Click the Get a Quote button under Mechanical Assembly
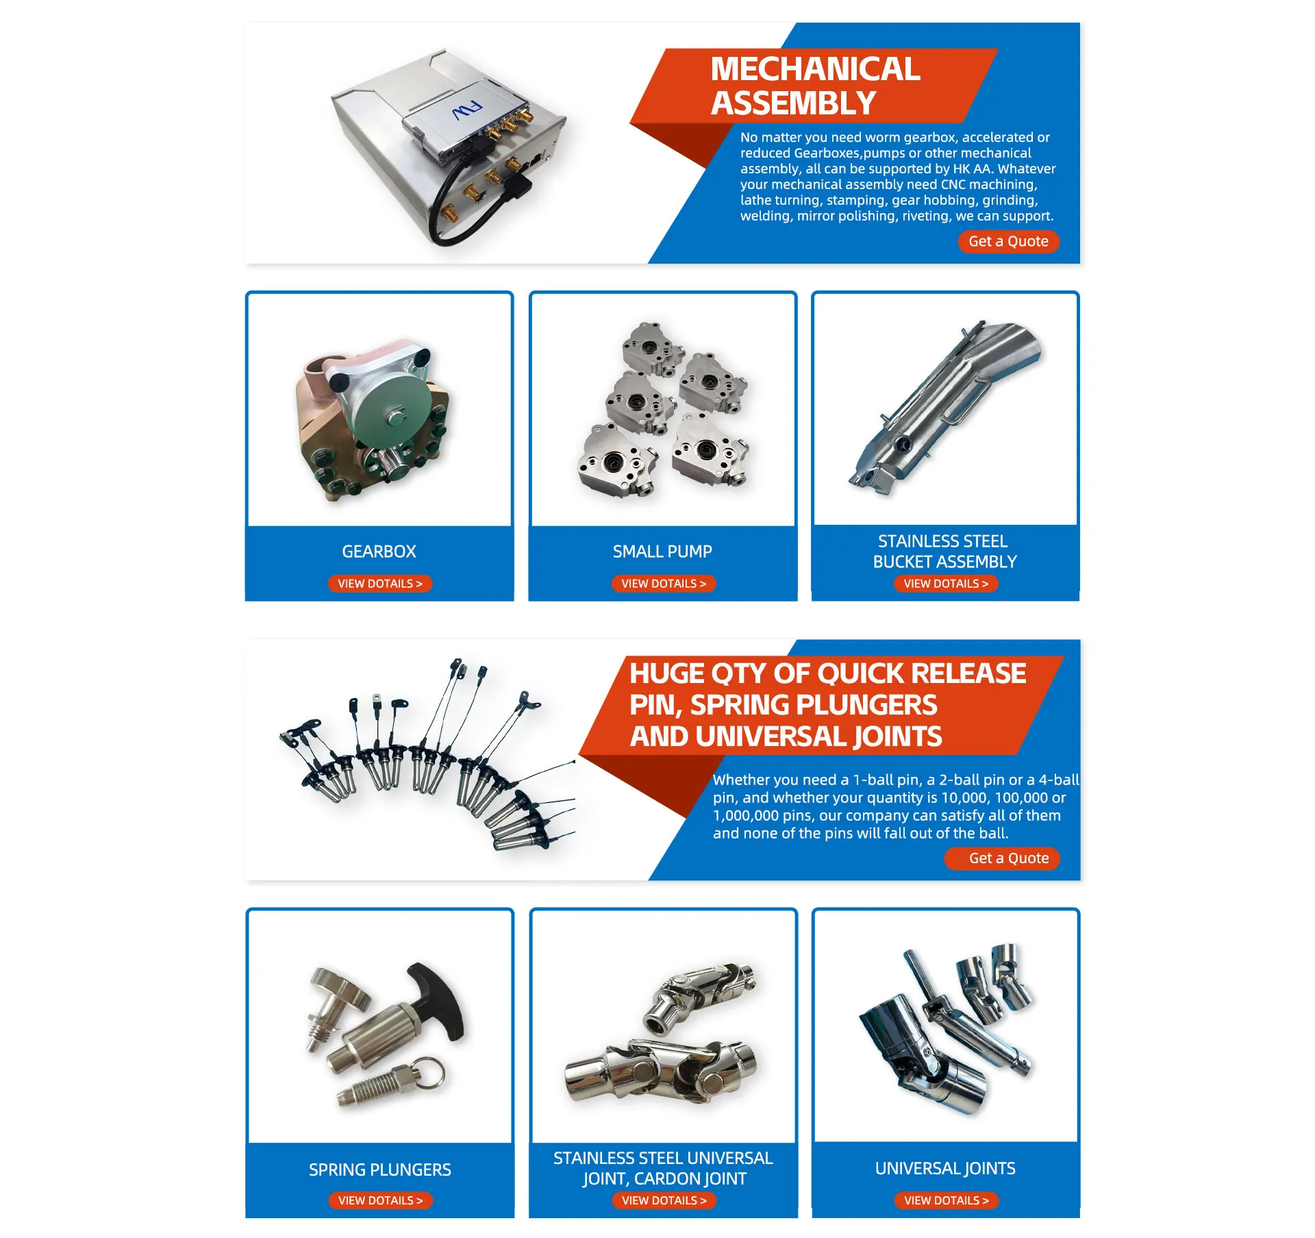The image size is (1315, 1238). tap(1007, 241)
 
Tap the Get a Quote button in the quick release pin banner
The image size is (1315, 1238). tap(1008, 858)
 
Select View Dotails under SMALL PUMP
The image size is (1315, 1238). tap(663, 584)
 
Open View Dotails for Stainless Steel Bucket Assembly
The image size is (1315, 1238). tap(945, 584)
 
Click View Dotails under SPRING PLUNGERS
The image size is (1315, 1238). tap(380, 1200)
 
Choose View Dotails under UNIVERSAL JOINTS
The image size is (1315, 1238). tap(946, 1200)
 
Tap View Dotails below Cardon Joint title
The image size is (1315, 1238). tap(664, 1200)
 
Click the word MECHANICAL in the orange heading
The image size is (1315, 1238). tap(815, 69)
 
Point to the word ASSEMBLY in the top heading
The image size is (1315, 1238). tap(793, 103)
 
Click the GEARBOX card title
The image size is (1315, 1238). tap(379, 552)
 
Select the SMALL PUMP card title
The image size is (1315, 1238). tap(662, 552)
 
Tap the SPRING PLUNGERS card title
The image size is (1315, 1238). tap(379, 1169)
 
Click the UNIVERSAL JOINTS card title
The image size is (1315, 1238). tap(945, 1168)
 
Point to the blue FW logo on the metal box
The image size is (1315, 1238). tap(467, 110)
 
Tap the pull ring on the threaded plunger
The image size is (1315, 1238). tap(429, 1073)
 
